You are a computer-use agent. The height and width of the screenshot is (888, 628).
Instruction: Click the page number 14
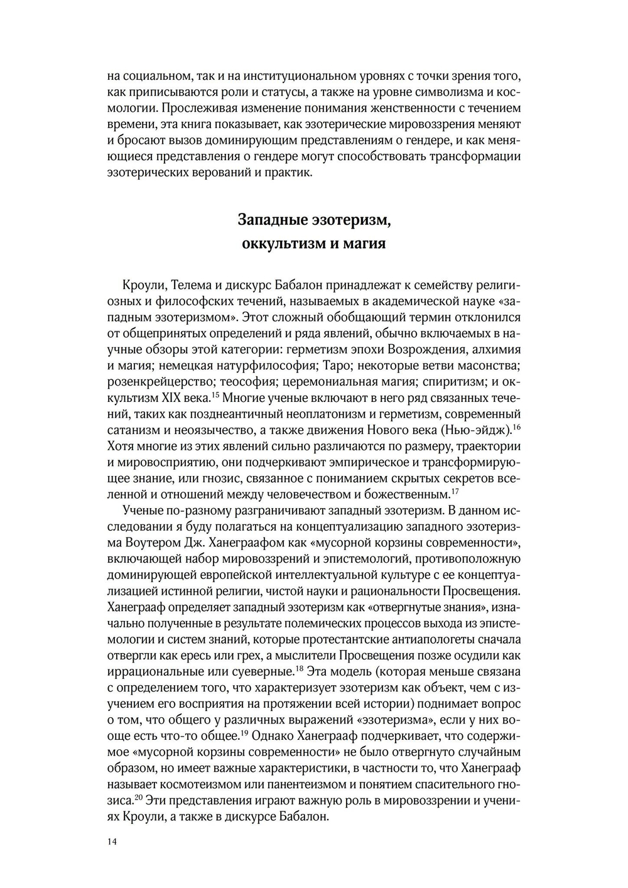click(x=112, y=842)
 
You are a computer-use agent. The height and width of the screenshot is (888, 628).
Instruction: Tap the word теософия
click(x=250, y=381)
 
